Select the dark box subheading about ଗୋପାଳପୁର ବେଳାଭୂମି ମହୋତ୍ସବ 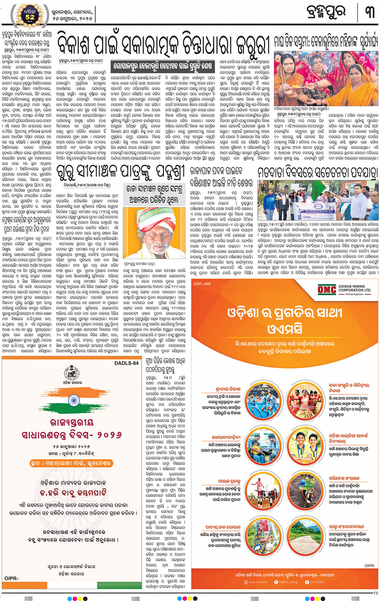pos(162,65)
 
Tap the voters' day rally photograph pos(318,200)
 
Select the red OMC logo pos(327,289)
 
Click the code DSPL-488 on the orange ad pos(202,284)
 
